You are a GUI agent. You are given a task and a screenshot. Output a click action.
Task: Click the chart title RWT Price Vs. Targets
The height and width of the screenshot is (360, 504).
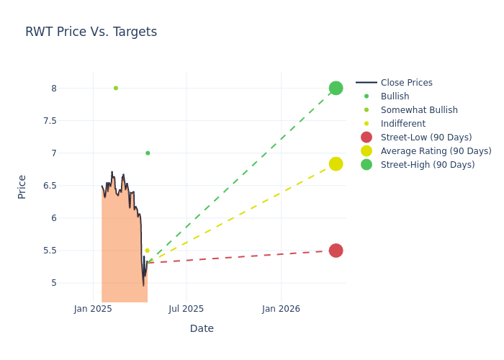point(91,32)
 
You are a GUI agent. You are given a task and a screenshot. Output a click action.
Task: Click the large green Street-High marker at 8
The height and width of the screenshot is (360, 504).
point(336,88)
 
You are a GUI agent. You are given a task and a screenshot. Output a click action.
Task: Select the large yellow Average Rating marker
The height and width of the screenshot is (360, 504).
point(336,164)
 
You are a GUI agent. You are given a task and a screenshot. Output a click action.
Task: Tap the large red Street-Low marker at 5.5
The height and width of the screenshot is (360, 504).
point(336,251)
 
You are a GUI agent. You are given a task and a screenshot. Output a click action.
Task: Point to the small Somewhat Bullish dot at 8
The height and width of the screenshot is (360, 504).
point(115,88)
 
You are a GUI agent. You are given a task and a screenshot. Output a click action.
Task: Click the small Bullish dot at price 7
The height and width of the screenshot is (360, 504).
point(148,153)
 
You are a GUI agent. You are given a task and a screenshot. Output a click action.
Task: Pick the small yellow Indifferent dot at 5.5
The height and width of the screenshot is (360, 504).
point(147,251)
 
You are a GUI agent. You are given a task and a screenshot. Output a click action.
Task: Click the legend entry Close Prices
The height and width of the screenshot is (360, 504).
point(406,83)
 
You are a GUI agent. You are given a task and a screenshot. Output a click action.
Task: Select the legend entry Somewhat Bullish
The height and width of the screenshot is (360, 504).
point(419,110)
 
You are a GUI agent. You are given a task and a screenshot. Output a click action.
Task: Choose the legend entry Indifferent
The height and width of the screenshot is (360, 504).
point(402,124)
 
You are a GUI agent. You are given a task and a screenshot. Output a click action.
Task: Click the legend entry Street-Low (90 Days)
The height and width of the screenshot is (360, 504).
point(426,138)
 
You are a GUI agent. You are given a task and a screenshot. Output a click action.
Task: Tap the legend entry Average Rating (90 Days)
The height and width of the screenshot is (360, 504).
point(436,151)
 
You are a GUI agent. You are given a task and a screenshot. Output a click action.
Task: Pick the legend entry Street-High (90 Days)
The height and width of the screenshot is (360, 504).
point(428,165)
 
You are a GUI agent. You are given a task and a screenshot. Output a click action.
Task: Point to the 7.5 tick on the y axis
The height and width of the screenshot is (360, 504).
point(69,120)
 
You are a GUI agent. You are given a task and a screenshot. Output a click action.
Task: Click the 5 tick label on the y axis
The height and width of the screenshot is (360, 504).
point(73,283)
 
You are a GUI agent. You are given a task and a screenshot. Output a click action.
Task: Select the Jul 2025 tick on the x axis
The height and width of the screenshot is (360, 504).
point(186,309)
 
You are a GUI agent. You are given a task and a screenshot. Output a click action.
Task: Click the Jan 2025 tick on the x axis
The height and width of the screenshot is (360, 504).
point(93,309)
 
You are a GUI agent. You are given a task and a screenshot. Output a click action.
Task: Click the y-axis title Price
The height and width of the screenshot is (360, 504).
point(22,186)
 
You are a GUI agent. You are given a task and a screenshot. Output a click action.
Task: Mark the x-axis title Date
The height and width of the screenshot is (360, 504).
point(202,328)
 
